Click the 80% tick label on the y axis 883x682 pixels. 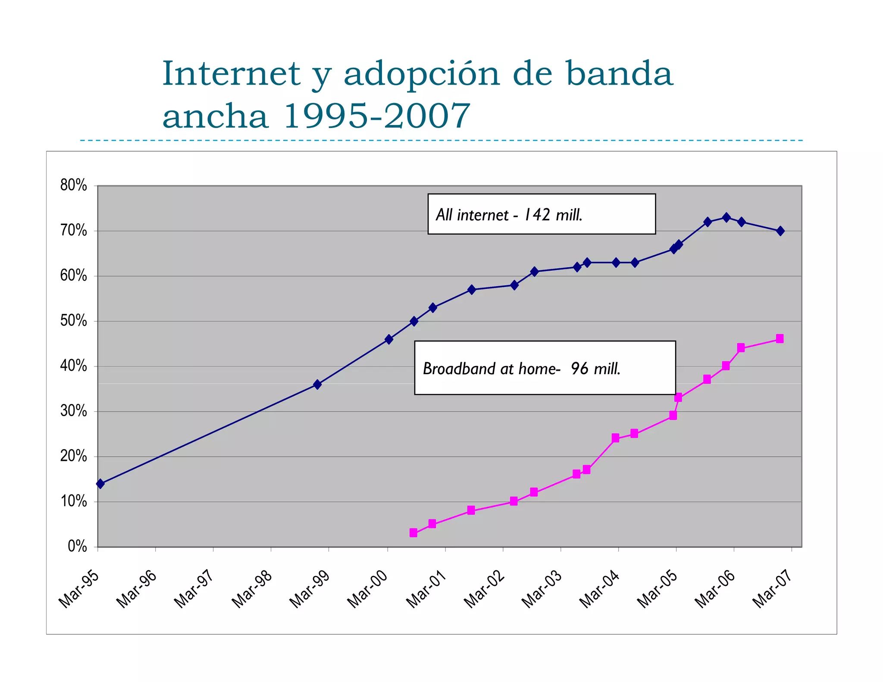tap(74, 185)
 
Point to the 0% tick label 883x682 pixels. tap(77, 547)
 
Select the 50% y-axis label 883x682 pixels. tap(74, 321)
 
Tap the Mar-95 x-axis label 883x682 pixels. tap(79, 589)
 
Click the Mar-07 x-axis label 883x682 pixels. tap(773, 589)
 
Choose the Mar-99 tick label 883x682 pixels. tap(310, 589)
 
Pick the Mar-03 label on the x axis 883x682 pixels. tap(542, 589)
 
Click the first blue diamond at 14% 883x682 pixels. tap(100, 484)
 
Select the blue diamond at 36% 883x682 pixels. tap(317, 384)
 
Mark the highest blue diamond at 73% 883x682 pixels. tap(726, 217)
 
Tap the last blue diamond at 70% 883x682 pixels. tap(780, 231)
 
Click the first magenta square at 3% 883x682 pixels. tap(413, 533)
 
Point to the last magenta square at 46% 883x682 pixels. tap(780, 339)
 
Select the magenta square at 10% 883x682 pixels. tap(514, 501)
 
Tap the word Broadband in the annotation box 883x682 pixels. tap(459, 369)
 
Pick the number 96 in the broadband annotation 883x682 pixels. tap(579, 369)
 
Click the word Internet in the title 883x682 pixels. tap(231, 74)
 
